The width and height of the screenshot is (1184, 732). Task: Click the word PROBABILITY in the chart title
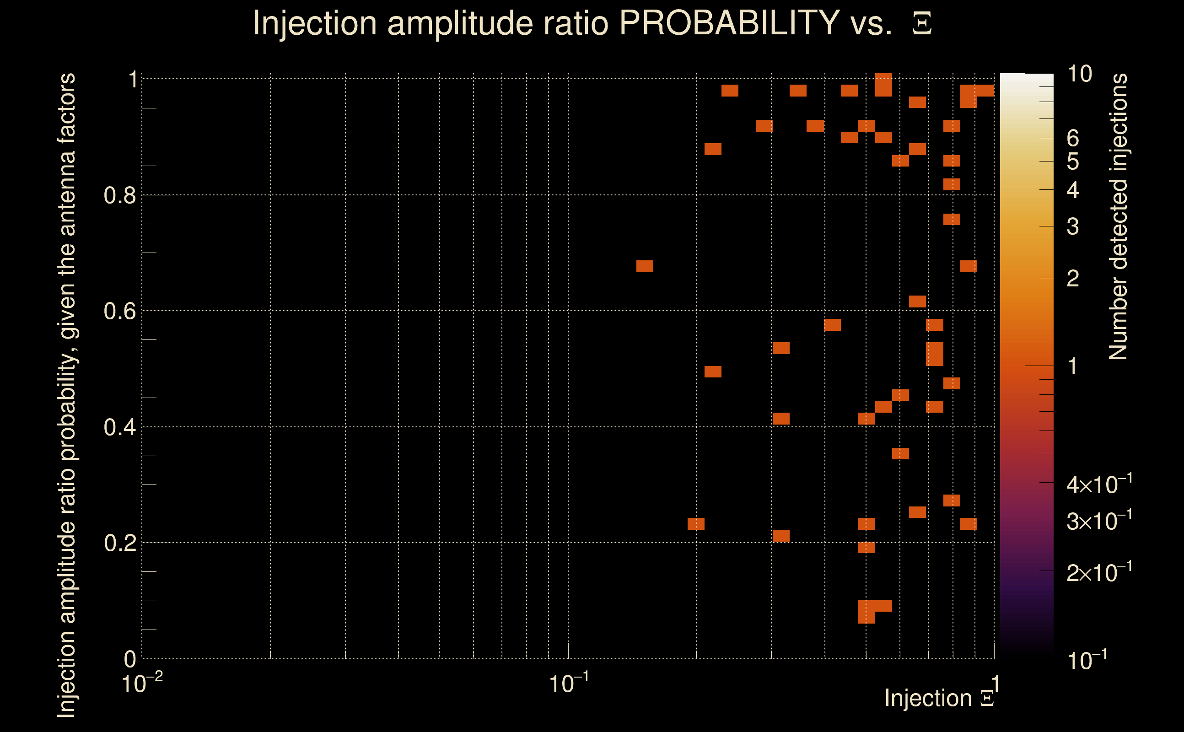[x=729, y=23]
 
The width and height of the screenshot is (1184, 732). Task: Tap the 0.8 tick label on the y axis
[x=119, y=196]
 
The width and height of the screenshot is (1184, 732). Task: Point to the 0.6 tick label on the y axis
[x=119, y=311]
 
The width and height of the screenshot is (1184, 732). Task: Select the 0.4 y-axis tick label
[x=119, y=427]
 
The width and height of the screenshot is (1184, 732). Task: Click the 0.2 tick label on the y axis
[x=119, y=543]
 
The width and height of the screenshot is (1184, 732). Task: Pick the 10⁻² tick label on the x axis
[x=141, y=684]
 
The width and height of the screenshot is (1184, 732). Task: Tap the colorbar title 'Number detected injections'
[x=1118, y=216]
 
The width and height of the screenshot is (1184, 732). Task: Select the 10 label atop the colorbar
[x=1079, y=74]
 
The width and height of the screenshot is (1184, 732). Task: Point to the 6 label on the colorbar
[x=1073, y=139]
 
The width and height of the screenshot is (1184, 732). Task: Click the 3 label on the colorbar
[x=1073, y=226]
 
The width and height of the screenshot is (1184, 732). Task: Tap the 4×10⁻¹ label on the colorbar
[x=1099, y=484]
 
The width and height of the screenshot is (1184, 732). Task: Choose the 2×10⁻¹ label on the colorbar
[x=1099, y=572]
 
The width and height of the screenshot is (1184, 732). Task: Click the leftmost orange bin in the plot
[x=644, y=266]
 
